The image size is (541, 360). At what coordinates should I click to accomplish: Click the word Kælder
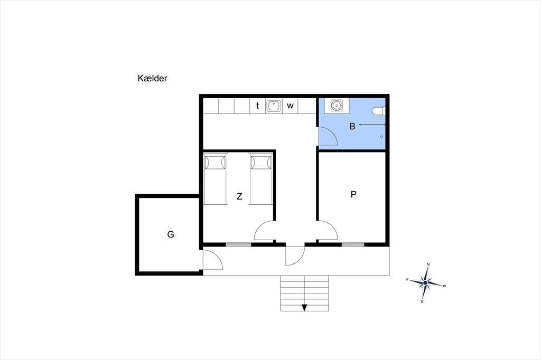point(152,78)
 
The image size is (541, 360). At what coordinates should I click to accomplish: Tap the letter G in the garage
point(171,234)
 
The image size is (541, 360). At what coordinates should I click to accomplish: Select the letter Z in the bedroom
point(239,196)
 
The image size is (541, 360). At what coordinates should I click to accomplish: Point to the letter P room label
point(353,194)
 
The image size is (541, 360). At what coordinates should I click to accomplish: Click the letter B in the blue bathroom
point(352,126)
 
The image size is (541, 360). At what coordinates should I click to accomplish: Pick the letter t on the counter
point(257,106)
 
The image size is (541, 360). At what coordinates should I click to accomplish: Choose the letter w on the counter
point(290,106)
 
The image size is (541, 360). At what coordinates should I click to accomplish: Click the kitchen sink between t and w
point(274,106)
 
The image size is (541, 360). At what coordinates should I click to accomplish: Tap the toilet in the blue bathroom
point(378,111)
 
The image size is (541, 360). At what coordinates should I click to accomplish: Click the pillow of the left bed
point(215,163)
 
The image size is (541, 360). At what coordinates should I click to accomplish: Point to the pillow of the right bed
point(261,163)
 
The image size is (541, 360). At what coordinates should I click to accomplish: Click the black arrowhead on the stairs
point(304,308)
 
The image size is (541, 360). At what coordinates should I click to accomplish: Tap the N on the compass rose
point(428,264)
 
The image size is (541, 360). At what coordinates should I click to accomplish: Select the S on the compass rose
point(422,301)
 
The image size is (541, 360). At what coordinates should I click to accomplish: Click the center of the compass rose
point(425,283)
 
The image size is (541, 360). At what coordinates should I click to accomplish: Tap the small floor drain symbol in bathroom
point(381,137)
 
